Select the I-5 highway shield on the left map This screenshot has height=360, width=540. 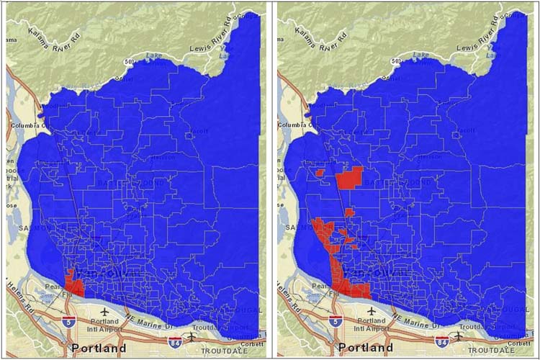(68, 319)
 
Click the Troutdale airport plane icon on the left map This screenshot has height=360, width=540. (192, 336)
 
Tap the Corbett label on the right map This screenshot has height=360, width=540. (521, 343)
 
